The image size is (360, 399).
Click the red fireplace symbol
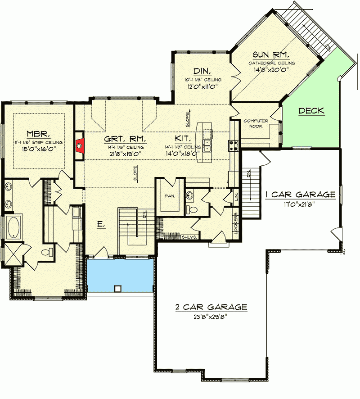pos(80,145)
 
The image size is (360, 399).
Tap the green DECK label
pos(311,111)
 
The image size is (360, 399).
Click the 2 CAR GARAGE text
pos(211,307)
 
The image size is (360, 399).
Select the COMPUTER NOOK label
pos(256,124)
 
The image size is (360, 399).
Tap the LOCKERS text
pos(235,223)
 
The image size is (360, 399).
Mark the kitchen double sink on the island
pos(207,146)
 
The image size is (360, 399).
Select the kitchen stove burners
pos(234,145)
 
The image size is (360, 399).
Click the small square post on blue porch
pos(118,288)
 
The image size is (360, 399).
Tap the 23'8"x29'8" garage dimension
pos(211,316)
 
